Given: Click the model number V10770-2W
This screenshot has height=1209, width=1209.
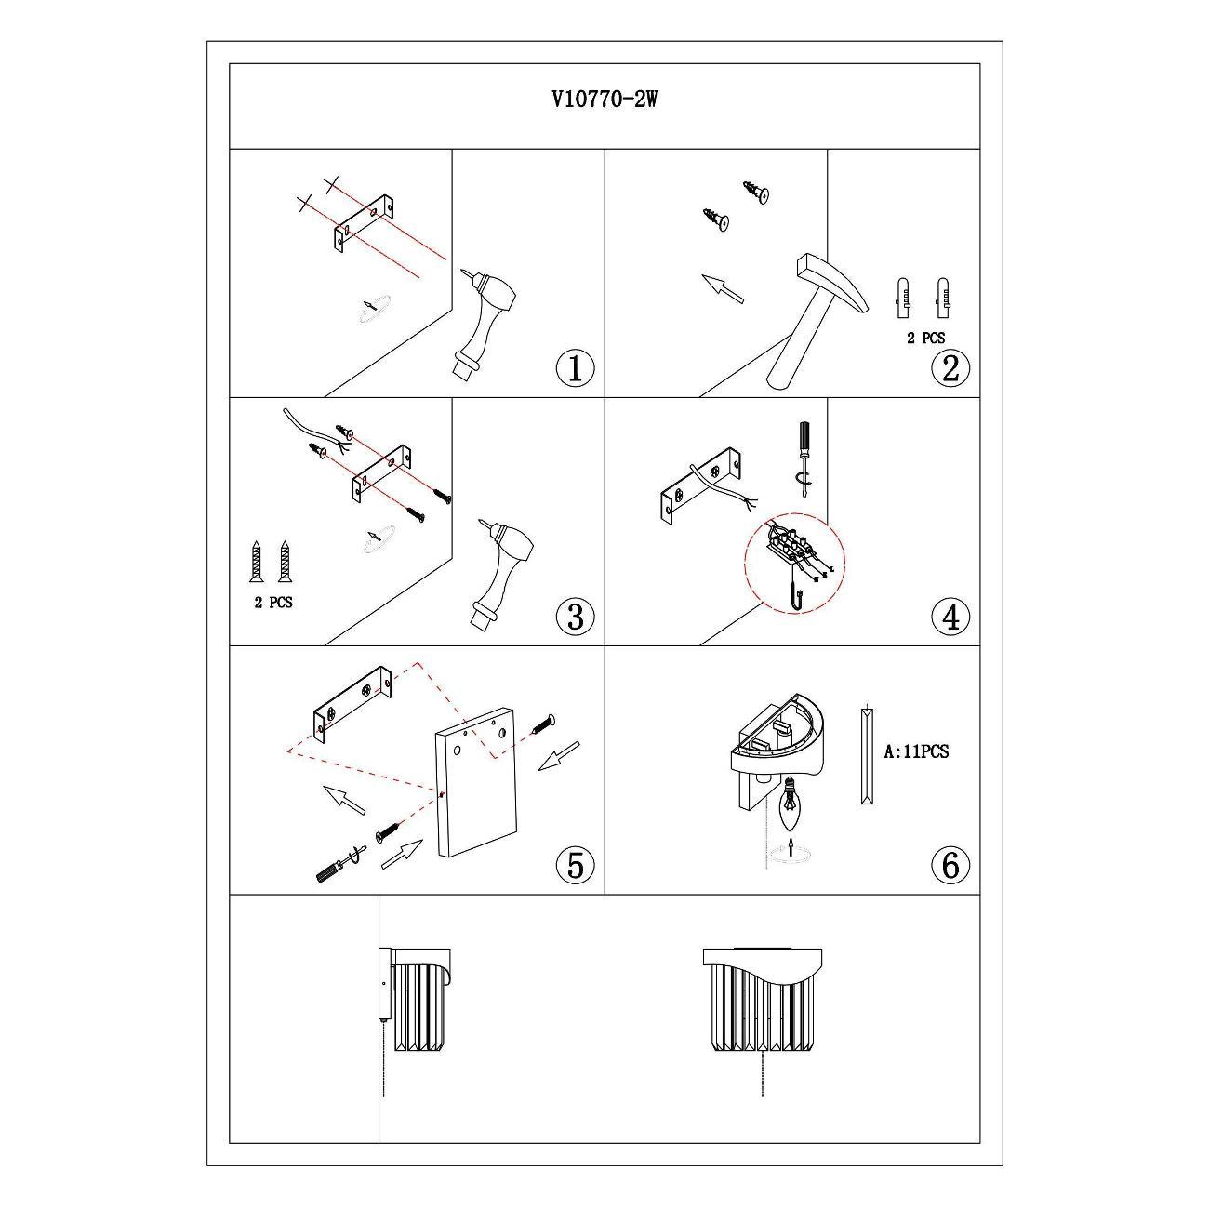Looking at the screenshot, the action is point(604,100).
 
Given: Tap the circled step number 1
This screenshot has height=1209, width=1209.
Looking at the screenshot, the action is point(575,368).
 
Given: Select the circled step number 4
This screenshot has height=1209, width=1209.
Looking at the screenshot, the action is point(950,616).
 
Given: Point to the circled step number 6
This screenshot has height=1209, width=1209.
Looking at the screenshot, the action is point(950,865).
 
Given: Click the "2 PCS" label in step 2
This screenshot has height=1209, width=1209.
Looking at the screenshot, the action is point(925,339).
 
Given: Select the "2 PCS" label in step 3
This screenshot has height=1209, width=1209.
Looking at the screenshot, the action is point(272,603).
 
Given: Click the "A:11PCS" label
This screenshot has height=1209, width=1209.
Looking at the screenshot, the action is point(916,751).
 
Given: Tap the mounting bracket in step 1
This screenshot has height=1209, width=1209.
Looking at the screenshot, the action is point(364,223).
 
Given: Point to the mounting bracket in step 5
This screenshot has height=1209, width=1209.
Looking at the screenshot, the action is point(352,704).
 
